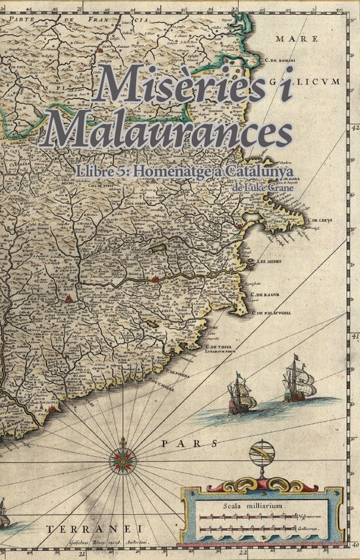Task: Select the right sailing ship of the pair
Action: point(297,383)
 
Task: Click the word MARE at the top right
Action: point(287,39)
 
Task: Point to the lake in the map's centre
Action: point(159,250)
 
